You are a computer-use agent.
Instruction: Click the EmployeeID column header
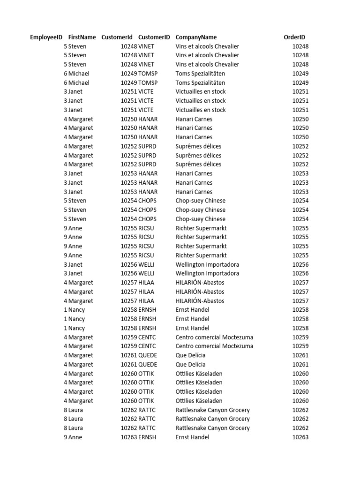[46, 37]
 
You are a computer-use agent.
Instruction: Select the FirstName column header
[82, 37]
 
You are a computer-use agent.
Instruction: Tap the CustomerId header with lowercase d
[117, 37]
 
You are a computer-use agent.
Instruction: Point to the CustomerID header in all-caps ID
[154, 37]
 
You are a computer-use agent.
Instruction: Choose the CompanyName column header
[196, 37]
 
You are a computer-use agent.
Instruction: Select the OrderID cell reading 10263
[300, 437]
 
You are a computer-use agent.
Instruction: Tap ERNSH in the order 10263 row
[147, 437]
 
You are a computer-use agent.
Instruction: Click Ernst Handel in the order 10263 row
[192, 437]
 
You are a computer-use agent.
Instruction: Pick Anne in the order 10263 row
[76, 437]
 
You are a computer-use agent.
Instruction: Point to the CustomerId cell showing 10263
[128, 437]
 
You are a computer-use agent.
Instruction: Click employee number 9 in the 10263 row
[66, 437]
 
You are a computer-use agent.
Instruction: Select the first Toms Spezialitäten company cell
[200, 74]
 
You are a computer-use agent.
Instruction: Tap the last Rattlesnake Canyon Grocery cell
[212, 428]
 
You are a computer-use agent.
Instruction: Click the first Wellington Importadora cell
[207, 264]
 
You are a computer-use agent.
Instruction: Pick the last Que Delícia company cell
[190, 364]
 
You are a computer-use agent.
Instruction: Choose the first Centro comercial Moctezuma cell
[214, 337]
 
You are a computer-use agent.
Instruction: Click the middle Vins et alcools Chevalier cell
[207, 55]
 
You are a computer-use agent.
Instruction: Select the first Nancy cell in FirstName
[77, 310]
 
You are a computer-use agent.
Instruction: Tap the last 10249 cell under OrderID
[300, 82]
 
